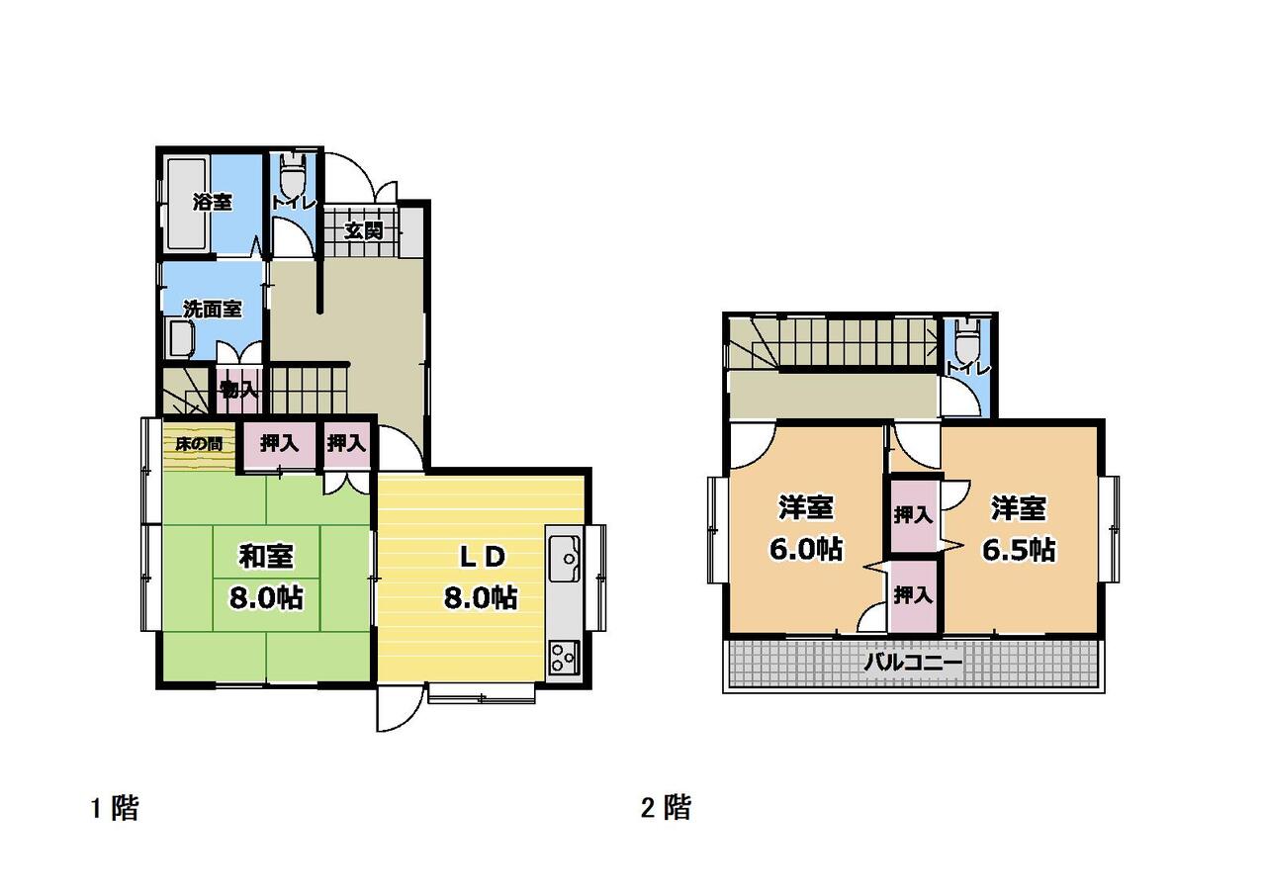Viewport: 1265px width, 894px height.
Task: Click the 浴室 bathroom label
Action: tap(213, 202)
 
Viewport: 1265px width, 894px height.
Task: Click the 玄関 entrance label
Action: tap(364, 230)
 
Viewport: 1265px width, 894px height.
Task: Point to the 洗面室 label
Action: tap(213, 309)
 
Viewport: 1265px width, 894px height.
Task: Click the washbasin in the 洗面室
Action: tap(182, 338)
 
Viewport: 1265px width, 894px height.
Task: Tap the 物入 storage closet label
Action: tap(239, 390)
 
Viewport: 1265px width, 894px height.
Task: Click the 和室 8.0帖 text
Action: tap(266, 577)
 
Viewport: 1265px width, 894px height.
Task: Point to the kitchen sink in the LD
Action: tap(566, 558)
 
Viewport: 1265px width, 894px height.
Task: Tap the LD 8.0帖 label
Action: tap(481, 577)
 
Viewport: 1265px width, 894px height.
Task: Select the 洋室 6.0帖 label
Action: tap(806, 527)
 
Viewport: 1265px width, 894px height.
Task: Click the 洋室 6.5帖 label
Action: tap(1018, 529)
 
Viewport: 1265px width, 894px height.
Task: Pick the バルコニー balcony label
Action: tap(913, 662)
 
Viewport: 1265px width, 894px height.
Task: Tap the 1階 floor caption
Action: tap(115, 808)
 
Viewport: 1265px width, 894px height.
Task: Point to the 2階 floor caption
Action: tap(666, 808)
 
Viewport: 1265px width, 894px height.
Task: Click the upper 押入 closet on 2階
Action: tap(913, 515)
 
